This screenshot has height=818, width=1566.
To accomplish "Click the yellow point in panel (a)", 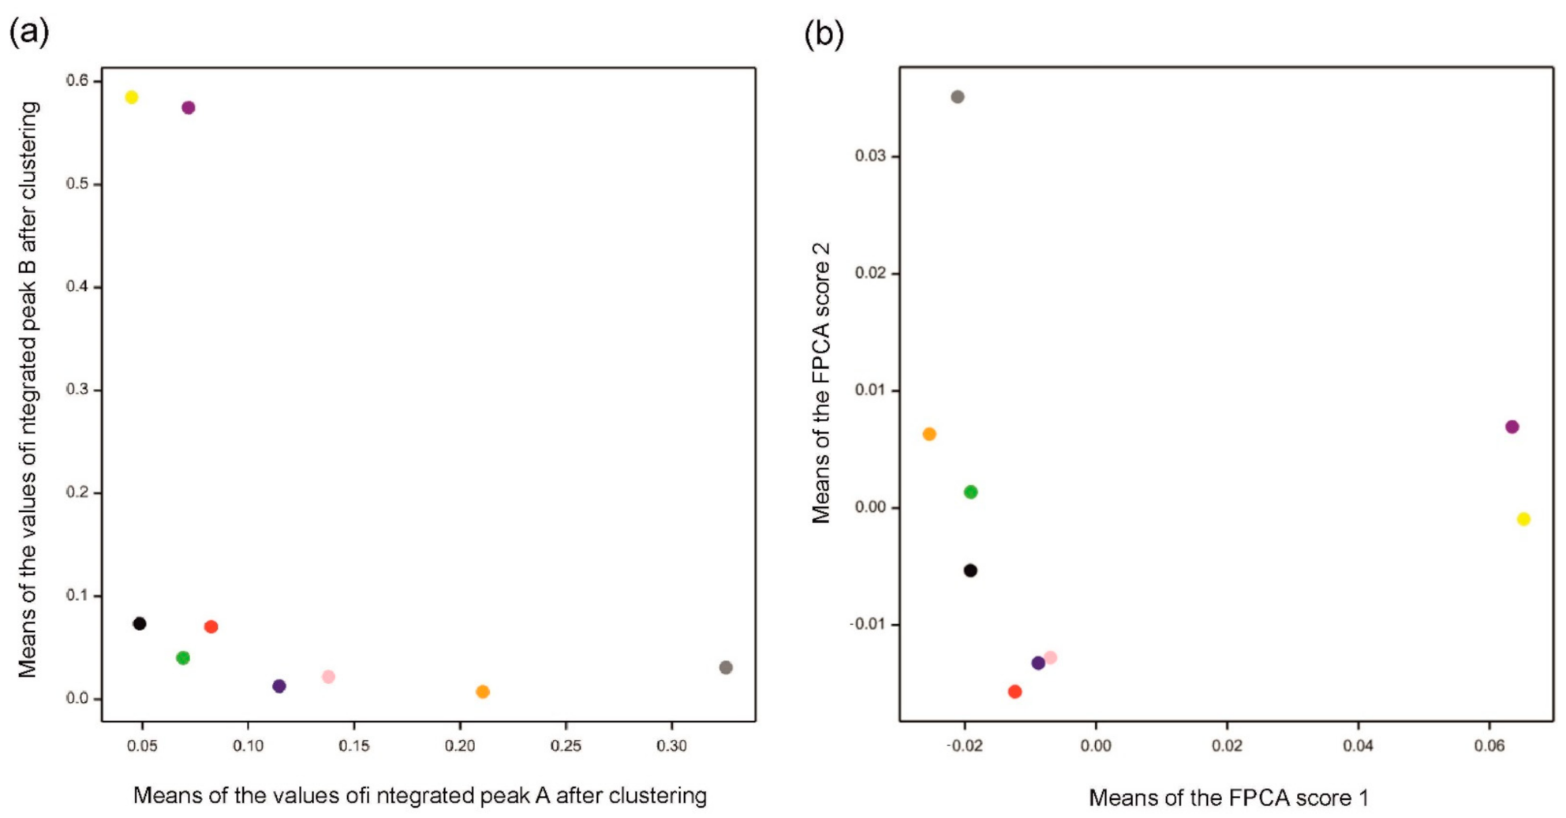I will [132, 97].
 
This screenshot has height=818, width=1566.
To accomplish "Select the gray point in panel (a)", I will [726, 667].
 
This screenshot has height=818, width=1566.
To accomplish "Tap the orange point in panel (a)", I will [483, 692].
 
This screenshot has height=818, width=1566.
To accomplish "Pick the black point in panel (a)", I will [140, 624].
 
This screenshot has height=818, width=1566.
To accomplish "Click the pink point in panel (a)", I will [329, 677].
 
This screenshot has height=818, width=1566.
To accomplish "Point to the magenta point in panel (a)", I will [189, 107].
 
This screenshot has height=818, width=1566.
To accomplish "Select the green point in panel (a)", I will [183, 658].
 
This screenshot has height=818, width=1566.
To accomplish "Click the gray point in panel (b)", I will [958, 97].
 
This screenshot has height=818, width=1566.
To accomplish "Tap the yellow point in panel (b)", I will [1523, 519].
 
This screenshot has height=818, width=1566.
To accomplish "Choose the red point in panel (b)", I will [1015, 692].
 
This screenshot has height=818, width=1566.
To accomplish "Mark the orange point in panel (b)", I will [929, 434].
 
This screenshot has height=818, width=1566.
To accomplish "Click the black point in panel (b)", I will [970, 570].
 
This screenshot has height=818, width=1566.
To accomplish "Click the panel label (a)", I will [28, 33].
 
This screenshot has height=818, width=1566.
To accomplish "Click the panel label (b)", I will [824, 33].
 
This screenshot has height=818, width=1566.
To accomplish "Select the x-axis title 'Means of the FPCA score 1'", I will [1228, 797].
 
